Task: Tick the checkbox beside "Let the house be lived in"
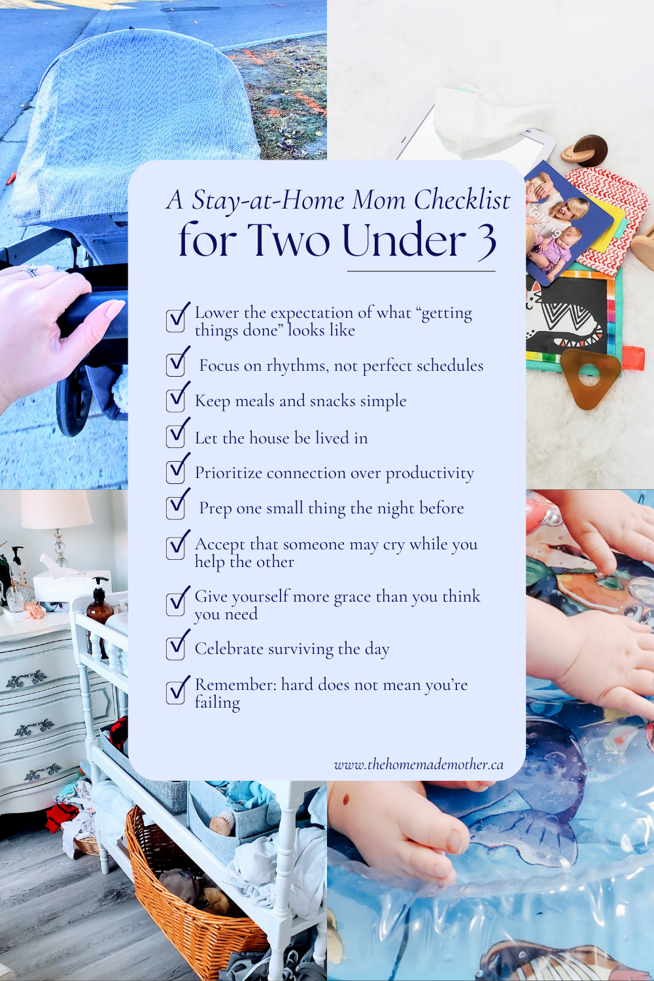176,437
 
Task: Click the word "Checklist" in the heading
462,201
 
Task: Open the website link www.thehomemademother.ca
419,765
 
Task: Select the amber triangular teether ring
589,377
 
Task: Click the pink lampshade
56,508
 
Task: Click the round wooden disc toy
585,151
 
